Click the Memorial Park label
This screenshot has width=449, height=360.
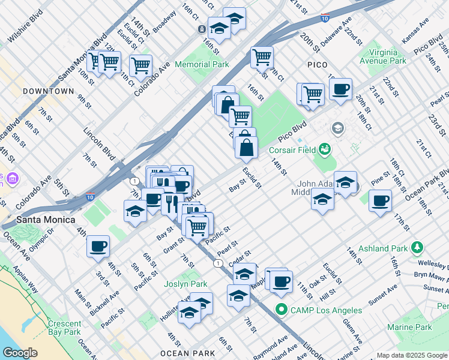tap(202, 64)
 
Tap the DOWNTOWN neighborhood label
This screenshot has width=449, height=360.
tap(48, 91)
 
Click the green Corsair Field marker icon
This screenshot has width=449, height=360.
tap(325, 148)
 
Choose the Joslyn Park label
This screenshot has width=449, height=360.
tap(186, 284)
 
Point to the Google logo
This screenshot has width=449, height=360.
tap(20, 353)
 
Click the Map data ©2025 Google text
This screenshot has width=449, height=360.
tap(412, 355)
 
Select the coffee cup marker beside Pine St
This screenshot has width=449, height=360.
tap(379, 202)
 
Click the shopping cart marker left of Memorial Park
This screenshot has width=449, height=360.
tap(140, 66)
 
